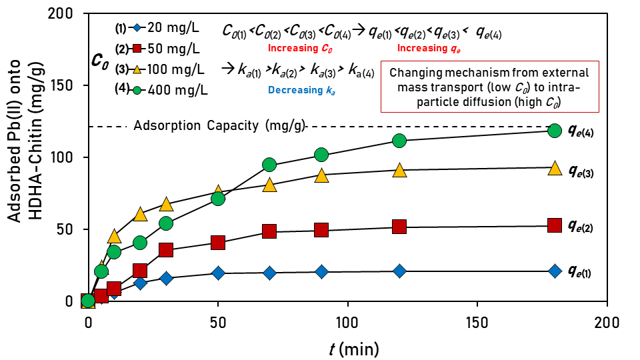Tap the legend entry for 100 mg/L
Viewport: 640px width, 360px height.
click(x=170, y=69)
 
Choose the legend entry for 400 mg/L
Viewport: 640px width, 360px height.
click(x=170, y=89)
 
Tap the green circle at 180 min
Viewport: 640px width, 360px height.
click(x=554, y=130)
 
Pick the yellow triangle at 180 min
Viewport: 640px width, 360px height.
click(x=554, y=167)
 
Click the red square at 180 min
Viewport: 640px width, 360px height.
click(x=554, y=225)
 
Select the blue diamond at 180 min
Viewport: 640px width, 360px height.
click(x=554, y=270)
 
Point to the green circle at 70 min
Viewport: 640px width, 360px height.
click(x=269, y=165)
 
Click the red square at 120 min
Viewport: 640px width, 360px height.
click(x=399, y=227)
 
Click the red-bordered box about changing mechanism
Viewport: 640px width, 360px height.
click(x=489, y=87)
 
